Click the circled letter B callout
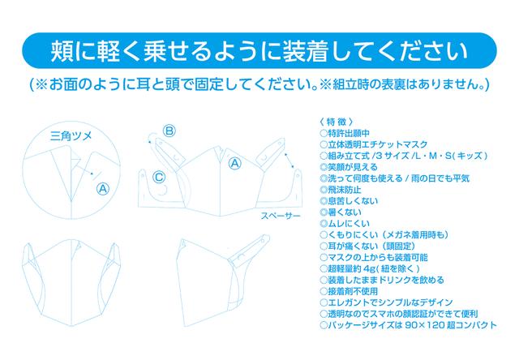click(169, 131)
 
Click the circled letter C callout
click(159, 177)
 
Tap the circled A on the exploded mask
click(235, 163)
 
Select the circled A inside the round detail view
click(103, 189)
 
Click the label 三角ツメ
click(71, 136)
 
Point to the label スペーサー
click(281, 216)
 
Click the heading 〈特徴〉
click(337, 122)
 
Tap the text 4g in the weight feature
click(369, 268)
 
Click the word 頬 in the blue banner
click(62, 51)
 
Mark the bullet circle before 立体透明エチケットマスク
click(324, 144)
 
